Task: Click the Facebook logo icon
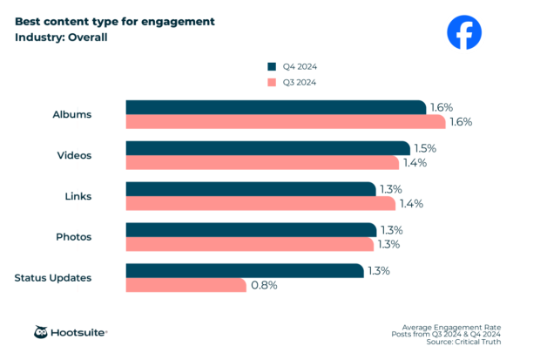click(463, 32)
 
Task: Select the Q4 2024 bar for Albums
click(276, 107)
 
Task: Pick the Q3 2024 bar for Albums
click(285, 121)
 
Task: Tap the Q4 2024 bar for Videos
click(267, 148)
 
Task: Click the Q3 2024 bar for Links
click(262, 203)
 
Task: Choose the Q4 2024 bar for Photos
click(251, 230)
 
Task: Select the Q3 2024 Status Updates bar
click(186, 285)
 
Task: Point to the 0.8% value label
click(264, 285)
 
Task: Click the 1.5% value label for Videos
click(425, 148)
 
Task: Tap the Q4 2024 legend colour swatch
click(271, 66)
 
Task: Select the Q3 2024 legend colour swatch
click(271, 82)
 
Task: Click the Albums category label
click(72, 114)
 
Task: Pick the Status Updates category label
click(53, 278)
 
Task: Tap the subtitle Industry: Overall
click(61, 37)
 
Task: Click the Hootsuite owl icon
click(41, 332)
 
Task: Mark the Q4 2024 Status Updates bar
click(245, 271)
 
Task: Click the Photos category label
click(73, 237)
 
